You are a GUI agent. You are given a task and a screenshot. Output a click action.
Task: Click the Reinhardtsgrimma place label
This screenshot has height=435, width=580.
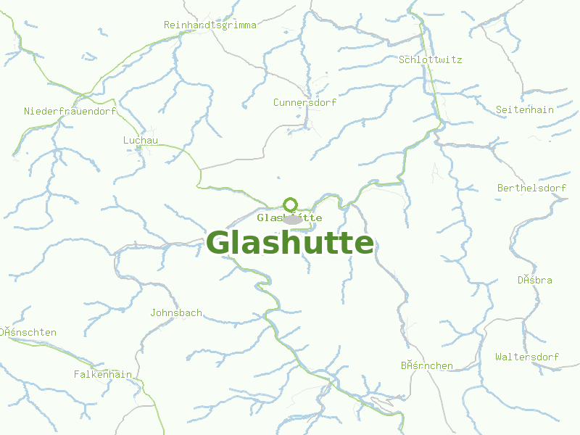coord(210,25)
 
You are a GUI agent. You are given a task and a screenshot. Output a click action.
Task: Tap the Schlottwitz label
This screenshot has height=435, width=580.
coord(431,59)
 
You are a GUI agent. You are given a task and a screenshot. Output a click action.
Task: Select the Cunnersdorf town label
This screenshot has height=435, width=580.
coord(304,102)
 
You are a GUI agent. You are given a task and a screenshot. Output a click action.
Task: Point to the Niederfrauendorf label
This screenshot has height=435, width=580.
coord(70,111)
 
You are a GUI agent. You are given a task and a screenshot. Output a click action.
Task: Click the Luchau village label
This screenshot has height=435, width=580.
coord(141,140)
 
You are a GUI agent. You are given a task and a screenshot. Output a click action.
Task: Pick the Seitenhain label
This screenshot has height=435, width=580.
coord(525,110)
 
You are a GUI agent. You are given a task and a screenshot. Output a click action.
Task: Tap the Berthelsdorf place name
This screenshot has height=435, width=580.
coord(531,188)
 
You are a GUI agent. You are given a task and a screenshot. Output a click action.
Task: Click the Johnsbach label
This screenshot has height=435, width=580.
coord(176,313)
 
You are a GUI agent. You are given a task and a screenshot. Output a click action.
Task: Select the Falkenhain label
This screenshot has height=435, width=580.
coord(103,374)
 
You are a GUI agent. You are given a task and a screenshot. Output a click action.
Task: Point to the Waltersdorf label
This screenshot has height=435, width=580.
coord(527,357)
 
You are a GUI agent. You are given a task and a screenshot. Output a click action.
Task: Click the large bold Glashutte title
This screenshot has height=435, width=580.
coord(290,243)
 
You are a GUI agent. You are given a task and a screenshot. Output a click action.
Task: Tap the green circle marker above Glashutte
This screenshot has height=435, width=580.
coord(291,204)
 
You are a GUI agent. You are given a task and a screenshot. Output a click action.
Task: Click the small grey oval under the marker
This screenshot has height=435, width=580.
coord(292,220)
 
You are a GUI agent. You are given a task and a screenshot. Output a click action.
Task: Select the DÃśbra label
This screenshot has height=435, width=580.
coord(535,280)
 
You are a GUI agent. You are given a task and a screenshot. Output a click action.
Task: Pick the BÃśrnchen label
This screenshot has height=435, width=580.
coord(427,365)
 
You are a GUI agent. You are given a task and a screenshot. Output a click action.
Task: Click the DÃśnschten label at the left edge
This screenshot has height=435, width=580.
coord(28,333)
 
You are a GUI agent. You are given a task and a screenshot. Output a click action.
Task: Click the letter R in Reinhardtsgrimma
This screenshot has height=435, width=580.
coord(167,25)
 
